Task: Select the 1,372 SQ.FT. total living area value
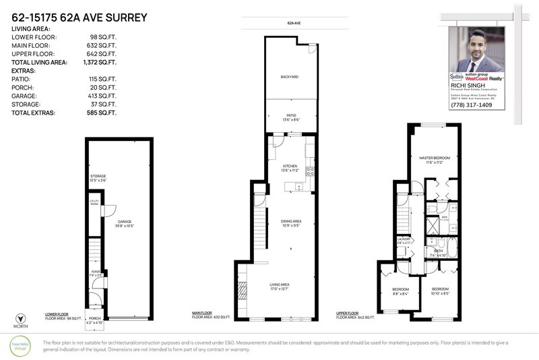click(98, 62)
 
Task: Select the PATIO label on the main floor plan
click(291, 115)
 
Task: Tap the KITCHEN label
click(290, 166)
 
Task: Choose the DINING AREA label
click(291, 221)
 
